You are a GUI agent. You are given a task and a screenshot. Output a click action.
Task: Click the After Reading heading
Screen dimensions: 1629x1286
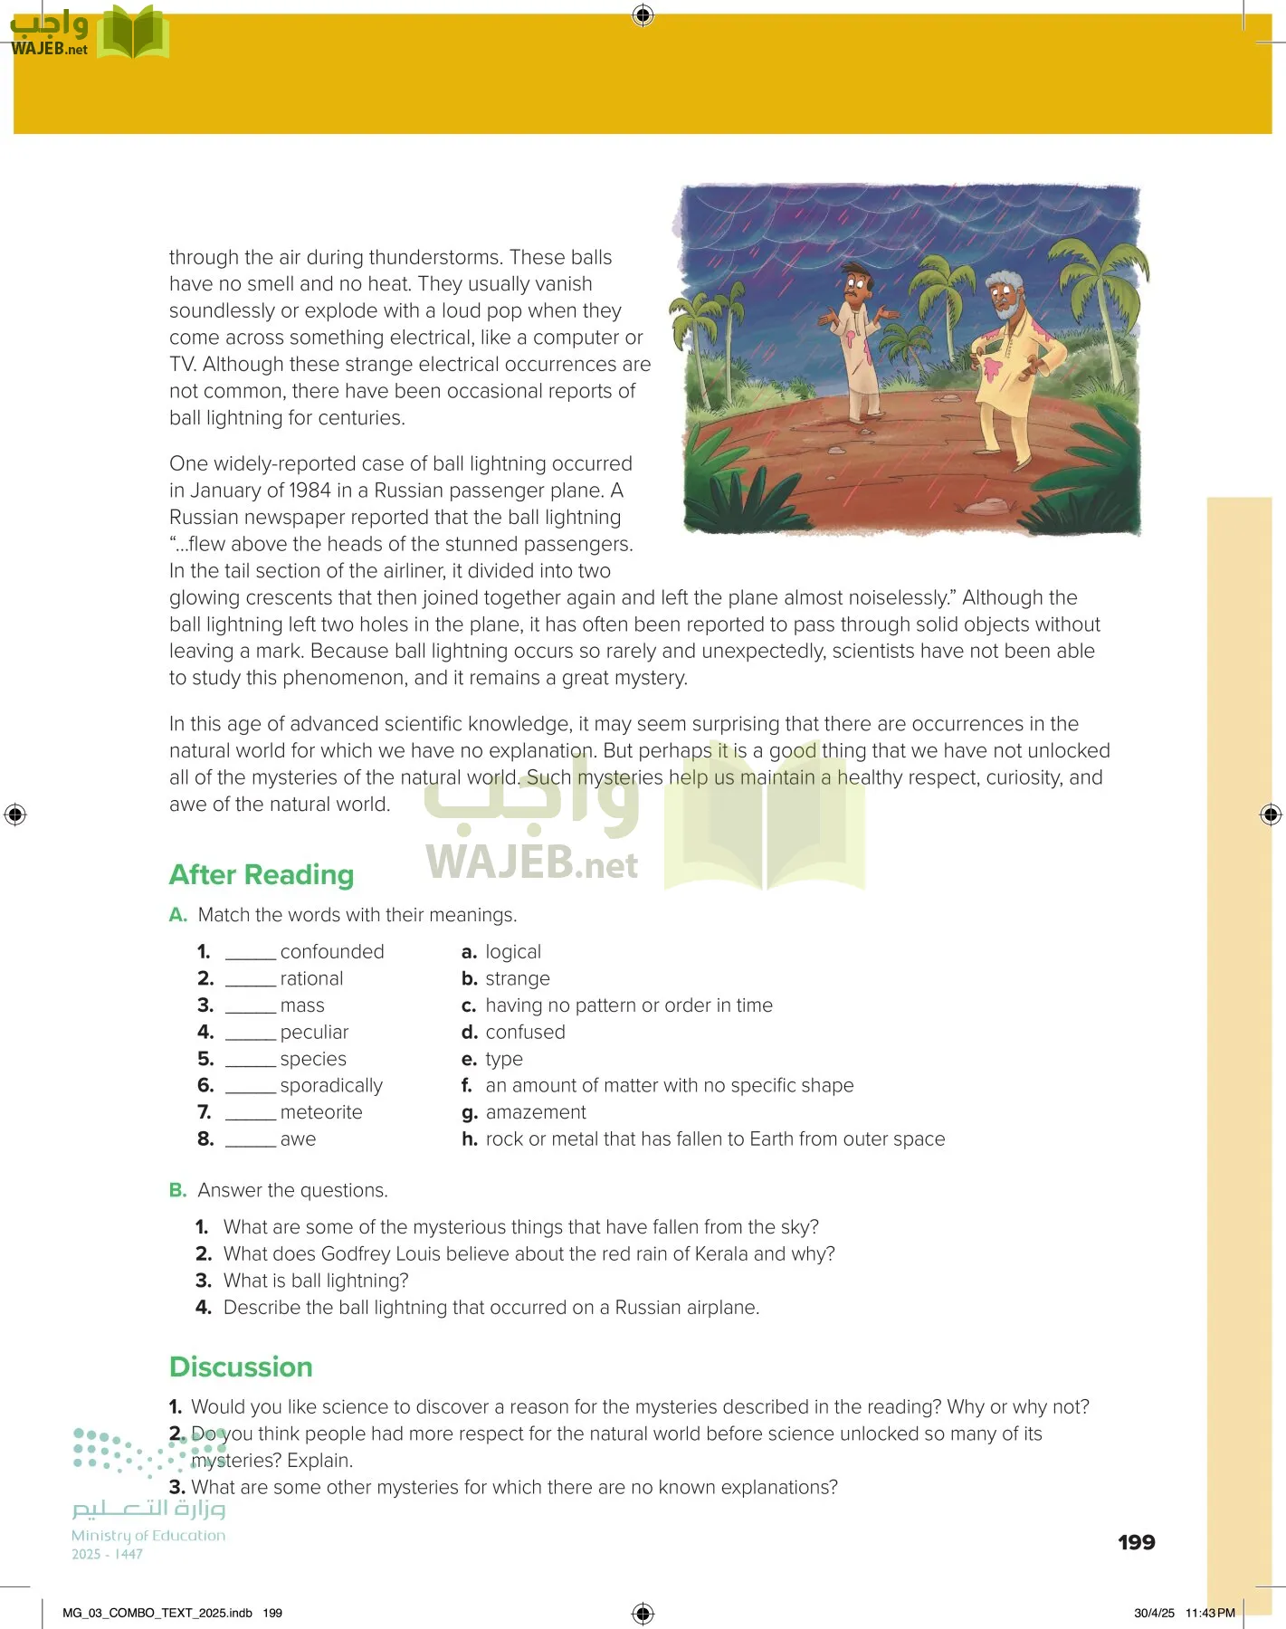click(262, 875)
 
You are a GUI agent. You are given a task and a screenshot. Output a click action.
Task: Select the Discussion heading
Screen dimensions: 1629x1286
click(241, 1367)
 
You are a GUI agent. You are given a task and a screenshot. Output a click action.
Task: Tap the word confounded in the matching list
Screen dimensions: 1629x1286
click(332, 952)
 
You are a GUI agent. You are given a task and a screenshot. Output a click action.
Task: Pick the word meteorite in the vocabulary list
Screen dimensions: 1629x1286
click(321, 1112)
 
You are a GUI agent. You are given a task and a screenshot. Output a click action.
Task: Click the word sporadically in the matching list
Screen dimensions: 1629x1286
click(331, 1085)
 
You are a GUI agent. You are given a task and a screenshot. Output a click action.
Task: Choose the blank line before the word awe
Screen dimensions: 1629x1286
click(250, 1140)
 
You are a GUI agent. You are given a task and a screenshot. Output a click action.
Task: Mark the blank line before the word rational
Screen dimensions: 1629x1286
click(250, 980)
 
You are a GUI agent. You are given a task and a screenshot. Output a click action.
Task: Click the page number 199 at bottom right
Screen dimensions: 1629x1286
click(1136, 1542)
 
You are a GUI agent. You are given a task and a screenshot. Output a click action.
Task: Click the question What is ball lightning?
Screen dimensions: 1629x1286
click(316, 1281)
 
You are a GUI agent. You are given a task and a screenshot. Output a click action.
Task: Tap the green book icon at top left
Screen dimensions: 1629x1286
click(133, 33)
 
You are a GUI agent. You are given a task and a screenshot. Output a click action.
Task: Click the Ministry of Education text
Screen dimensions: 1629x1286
click(148, 1536)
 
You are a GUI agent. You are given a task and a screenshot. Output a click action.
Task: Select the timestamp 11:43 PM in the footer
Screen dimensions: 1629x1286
click(1210, 1613)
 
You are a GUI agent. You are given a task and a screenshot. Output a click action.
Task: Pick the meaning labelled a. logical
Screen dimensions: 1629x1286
click(512, 952)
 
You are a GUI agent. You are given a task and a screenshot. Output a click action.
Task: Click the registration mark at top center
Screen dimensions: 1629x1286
click(643, 14)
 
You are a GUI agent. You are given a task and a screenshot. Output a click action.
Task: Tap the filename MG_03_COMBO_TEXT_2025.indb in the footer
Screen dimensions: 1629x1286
click(157, 1613)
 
